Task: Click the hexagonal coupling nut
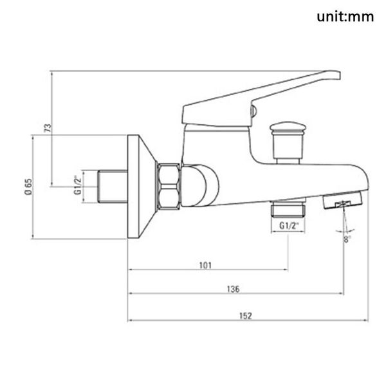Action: point(169,186)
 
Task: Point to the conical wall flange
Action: point(142,186)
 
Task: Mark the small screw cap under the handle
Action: point(253,114)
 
